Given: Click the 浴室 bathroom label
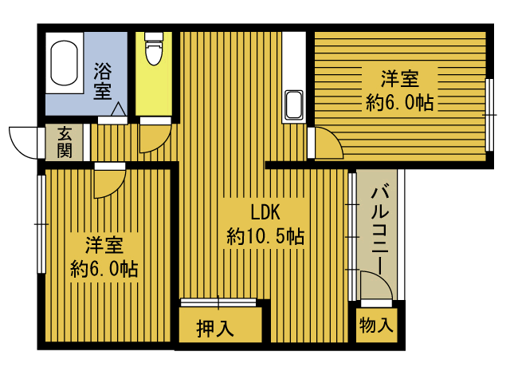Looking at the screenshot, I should pos(103,80).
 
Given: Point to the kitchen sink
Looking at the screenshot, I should pos(293,105).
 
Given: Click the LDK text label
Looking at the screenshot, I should pos(265,212).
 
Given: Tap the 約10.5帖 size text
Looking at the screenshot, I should pos(265,236).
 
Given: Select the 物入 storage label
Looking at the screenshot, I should pos(375,325).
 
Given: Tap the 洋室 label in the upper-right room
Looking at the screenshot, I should pos(399,80).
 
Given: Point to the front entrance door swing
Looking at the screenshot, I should pos(24,141).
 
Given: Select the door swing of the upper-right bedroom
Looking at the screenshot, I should pos(327,144).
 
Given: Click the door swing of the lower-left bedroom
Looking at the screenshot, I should pos(106,184).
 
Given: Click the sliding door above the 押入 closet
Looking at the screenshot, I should pos(218,302).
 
